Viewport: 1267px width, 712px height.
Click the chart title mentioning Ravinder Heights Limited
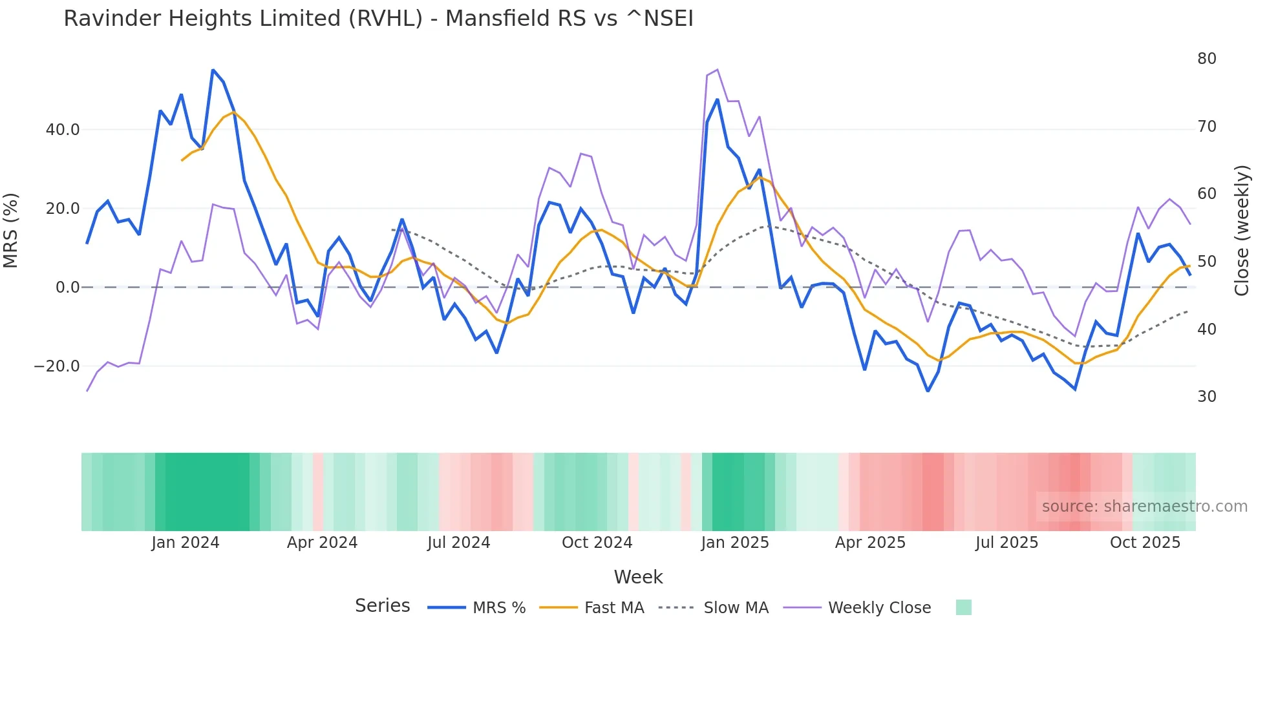[x=378, y=19]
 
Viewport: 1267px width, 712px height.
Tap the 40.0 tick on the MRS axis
[x=63, y=130]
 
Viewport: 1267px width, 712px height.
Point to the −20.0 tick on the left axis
[x=57, y=366]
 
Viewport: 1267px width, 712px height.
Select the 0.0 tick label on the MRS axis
[x=68, y=288]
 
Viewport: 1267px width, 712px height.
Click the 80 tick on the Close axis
[x=1206, y=59]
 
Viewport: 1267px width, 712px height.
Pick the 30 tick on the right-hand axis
[x=1206, y=397]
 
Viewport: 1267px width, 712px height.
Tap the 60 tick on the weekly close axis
[x=1206, y=194]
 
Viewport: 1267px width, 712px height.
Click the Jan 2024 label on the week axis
[x=186, y=543]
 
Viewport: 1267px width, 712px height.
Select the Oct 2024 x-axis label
[x=597, y=543]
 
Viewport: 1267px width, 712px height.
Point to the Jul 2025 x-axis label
[x=1006, y=543]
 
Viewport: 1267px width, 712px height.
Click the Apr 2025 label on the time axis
[x=870, y=543]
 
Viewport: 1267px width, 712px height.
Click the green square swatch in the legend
[x=963, y=607]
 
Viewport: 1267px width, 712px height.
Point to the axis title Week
[x=638, y=577]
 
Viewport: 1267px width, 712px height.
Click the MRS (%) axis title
[x=11, y=230]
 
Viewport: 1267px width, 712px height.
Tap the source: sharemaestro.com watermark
[x=1144, y=507]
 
